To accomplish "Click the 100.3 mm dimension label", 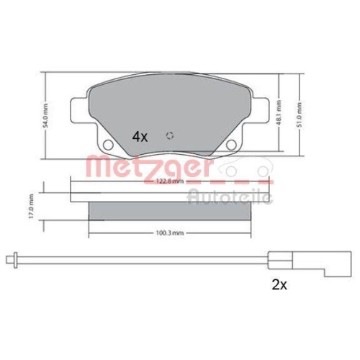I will click(x=171, y=233).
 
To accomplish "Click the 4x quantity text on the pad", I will click(x=139, y=136).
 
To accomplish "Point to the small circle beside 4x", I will click(x=169, y=136).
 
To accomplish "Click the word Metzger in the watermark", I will click(x=148, y=168).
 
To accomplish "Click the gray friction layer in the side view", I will click(x=171, y=210).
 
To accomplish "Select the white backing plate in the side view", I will click(x=171, y=193).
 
